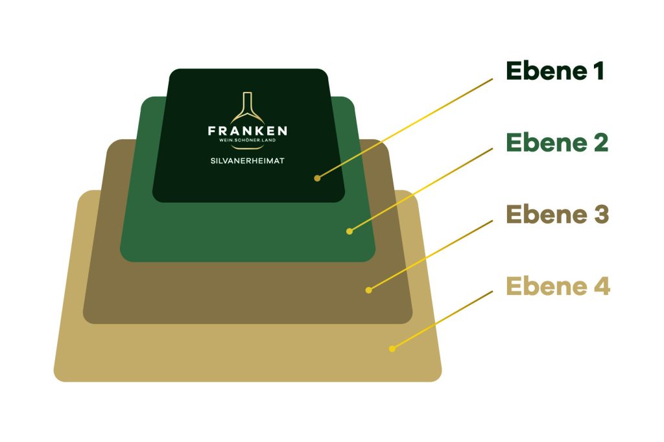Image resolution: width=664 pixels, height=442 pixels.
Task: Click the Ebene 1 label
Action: click(555, 71)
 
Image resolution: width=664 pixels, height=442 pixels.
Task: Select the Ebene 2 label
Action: click(557, 143)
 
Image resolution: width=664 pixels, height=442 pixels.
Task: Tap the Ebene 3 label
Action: click(558, 215)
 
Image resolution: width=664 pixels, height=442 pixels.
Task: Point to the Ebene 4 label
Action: click(558, 286)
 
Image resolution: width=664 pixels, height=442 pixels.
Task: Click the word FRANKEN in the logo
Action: click(248, 130)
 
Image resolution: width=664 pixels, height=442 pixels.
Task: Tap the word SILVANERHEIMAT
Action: click(247, 161)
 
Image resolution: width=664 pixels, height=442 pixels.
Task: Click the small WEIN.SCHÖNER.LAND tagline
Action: click(247, 140)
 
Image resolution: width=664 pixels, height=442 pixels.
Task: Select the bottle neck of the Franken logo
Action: click(247, 102)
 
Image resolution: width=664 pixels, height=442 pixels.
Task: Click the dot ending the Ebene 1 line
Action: click(317, 178)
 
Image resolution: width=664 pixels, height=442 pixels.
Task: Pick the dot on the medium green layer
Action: click(350, 231)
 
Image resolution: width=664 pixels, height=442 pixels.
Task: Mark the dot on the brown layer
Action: click(369, 290)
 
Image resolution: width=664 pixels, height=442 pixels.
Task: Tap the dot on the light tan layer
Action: click(392, 349)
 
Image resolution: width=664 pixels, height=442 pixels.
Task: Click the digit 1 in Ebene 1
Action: click(599, 71)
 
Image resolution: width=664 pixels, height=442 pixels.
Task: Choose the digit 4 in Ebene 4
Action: click(602, 286)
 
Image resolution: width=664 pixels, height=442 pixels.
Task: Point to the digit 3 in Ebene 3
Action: click(601, 215)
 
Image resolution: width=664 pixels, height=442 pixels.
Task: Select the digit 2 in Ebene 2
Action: click(601, 143)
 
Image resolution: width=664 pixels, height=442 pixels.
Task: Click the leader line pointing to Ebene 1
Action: click(405, 128)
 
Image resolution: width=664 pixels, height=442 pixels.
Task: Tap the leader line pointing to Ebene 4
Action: click(442, 320)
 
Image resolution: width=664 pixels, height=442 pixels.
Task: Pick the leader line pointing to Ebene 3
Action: click(431, 255)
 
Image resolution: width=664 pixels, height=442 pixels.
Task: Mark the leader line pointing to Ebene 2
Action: click(421, 190)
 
